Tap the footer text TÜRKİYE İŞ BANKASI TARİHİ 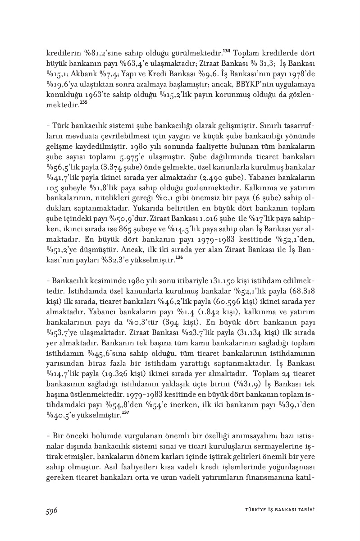point(276,510)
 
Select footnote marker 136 point(179,257)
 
